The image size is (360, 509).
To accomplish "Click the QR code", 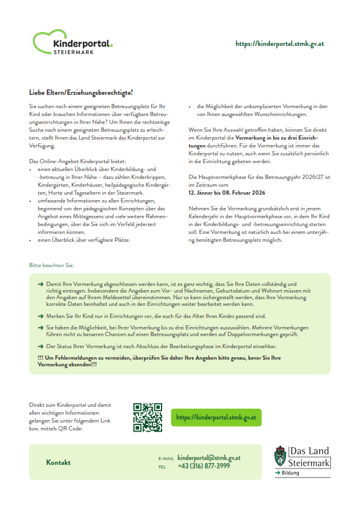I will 148,418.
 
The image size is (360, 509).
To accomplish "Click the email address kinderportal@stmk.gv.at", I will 209,458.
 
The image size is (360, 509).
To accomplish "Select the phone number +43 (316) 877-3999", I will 204,466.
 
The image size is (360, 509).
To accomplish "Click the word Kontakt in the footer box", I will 58,462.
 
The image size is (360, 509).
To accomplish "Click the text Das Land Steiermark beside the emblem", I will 310,457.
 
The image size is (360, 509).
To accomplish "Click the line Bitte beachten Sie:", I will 52,265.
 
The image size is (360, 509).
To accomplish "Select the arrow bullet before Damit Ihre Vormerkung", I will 40,284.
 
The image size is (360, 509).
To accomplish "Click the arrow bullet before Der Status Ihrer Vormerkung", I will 40,346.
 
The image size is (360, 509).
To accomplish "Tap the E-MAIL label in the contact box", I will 166,459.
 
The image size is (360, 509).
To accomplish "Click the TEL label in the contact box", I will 162,467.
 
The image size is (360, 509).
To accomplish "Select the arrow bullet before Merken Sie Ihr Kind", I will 40,316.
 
